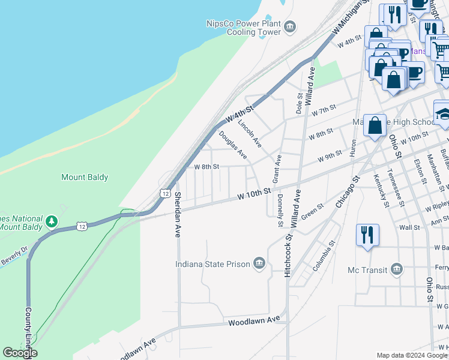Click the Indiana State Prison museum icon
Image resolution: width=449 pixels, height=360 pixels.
point(259,264)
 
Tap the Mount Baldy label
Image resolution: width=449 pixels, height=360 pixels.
point(85,177)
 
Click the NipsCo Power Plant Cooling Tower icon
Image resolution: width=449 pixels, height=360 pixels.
point(290,26)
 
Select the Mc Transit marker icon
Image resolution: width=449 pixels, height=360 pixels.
point(396,270)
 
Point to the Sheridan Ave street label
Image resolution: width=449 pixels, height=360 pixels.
point(178,215)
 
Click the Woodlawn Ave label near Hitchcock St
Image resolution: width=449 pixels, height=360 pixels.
point(255,322)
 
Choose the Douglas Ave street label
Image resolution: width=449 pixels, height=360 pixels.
point(233,146)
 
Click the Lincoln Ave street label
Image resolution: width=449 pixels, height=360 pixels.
point(250,133)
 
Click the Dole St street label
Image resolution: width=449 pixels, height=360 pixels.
point(299,103)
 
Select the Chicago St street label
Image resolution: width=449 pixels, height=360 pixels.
point(346,192)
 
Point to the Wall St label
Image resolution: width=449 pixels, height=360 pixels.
point(409,228)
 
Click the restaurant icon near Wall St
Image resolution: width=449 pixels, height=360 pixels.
point(367,234)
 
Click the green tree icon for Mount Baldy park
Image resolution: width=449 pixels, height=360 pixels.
point(52,222)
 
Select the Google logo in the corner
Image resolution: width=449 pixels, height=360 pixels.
point(19,353)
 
